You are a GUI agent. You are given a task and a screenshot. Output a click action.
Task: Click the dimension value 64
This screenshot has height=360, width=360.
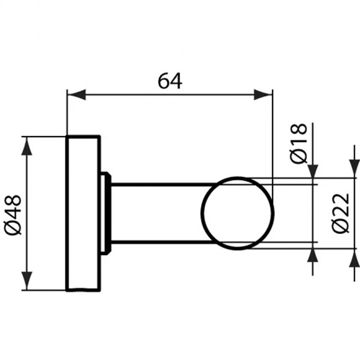pyautogui.click(x=169, y=80)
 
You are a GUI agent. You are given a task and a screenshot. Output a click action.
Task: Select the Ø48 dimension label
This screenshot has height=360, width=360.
pyautogui.click(x=14, y=214)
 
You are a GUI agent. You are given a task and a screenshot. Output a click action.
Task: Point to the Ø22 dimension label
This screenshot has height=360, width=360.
pyautogui.click(x=341, y=214)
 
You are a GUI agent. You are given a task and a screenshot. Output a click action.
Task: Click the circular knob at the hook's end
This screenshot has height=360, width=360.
pyautogui.click(x=237, y=212)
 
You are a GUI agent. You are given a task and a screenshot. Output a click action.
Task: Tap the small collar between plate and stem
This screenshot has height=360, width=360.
pyautogui.click(x=106, y=212)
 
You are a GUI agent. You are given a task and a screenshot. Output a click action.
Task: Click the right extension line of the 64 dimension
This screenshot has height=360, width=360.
pyautogui.click(x=272, y=137)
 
